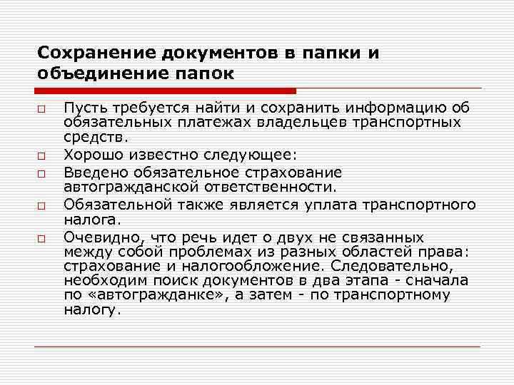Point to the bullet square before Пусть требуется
click(43, 109)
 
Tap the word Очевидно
click(94, 237)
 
